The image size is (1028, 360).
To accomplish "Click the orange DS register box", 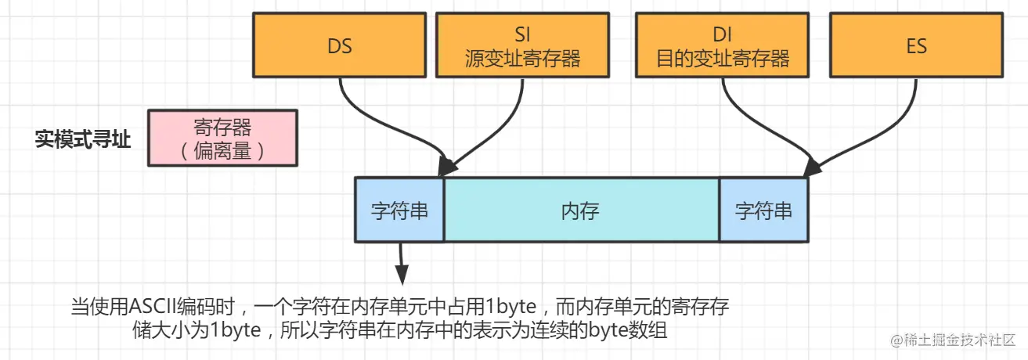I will tap(340, 45).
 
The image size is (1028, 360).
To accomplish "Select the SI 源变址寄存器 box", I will tap(521, 45).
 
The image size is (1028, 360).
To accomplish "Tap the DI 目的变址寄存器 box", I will tap(723, 45).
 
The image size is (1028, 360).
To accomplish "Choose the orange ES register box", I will tap(916, 45).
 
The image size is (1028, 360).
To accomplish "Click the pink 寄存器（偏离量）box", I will tap(222, 138).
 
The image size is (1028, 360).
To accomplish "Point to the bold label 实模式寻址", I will tap(82, 139).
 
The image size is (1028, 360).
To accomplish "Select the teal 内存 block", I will tap(581, 211).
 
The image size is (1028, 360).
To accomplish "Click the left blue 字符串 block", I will tap(399, 211).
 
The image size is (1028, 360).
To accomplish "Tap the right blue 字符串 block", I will tap(763, 211).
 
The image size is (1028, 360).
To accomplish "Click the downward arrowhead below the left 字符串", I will tap(401, 274).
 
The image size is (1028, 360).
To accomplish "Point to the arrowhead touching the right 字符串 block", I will tap(812, 166).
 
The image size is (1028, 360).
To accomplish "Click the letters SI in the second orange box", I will tap(521, 34).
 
